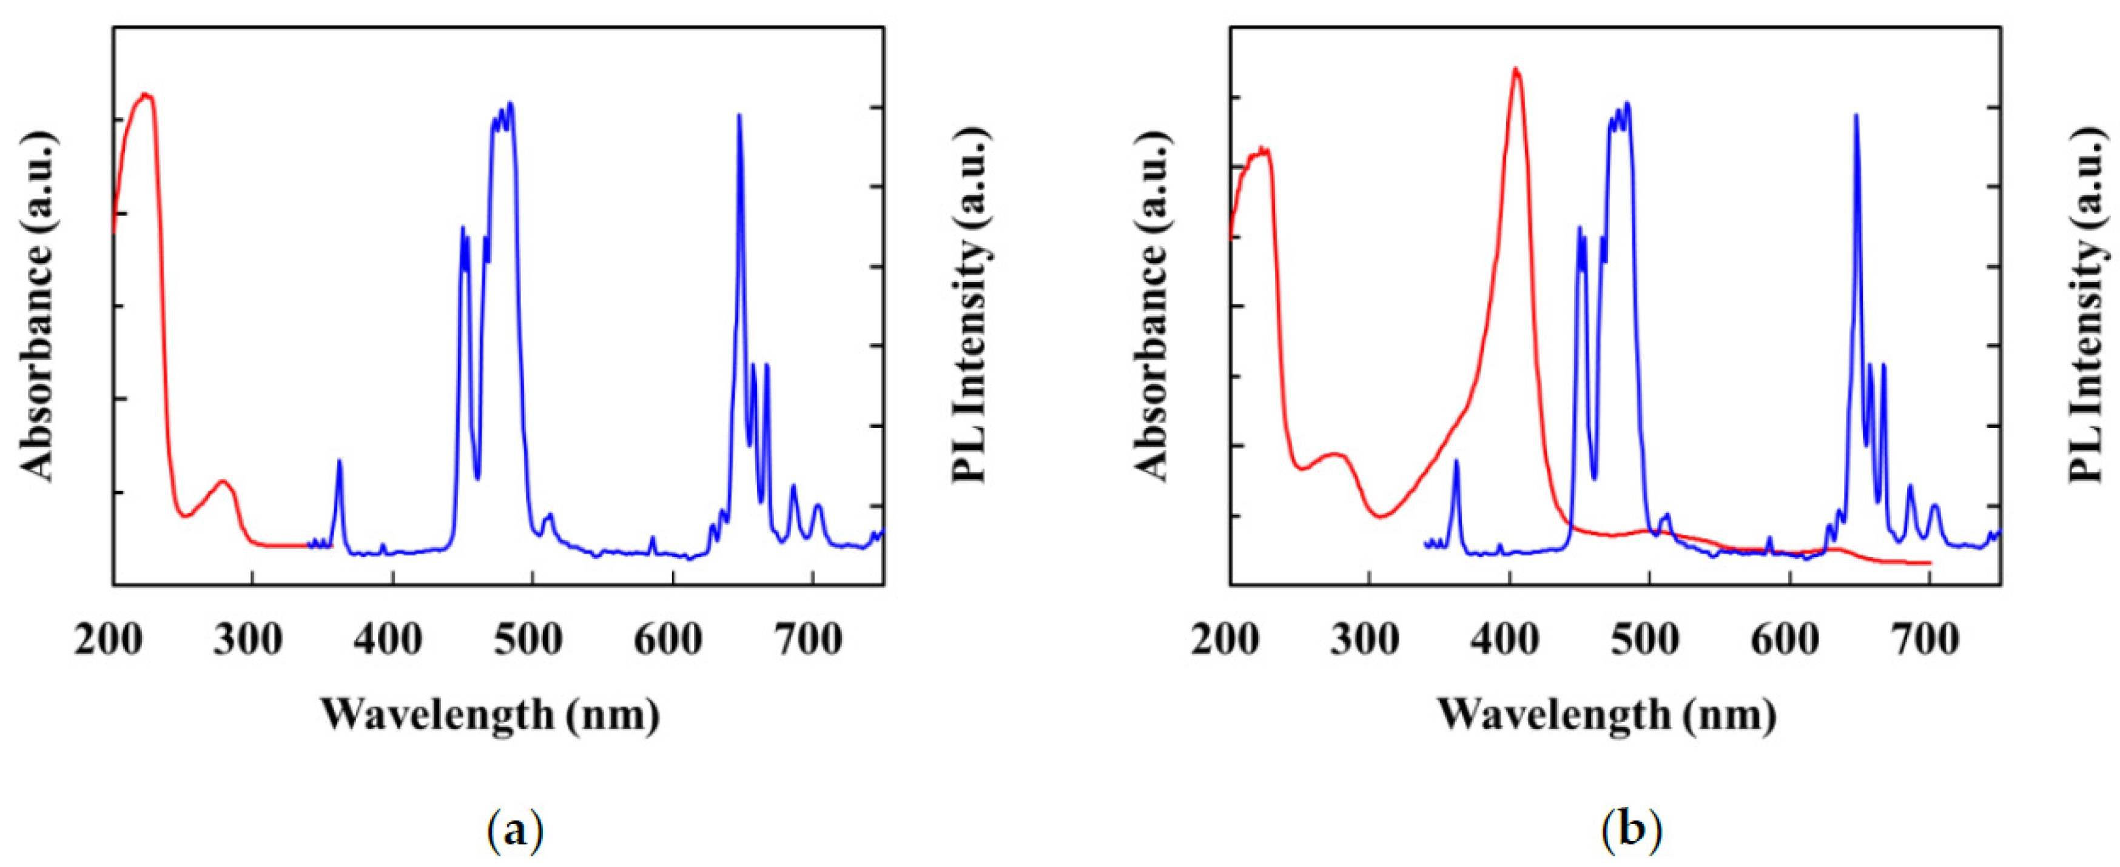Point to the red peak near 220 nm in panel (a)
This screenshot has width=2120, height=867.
tap(146, 95)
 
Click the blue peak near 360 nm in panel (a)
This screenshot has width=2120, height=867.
tap(339, 462)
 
